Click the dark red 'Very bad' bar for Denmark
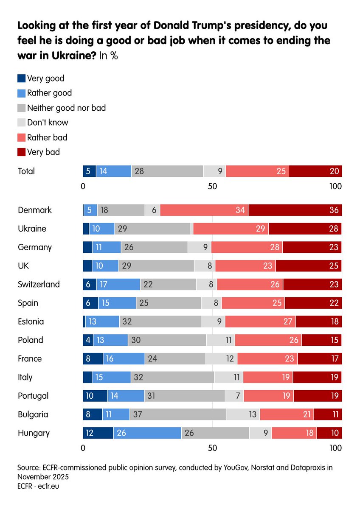295,210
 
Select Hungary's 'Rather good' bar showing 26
147,433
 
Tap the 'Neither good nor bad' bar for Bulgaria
178,414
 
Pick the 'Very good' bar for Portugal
95,396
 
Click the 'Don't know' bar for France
222,359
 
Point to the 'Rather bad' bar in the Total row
257,171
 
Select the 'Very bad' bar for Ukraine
305,229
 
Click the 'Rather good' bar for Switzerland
118,284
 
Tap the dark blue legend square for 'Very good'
21,78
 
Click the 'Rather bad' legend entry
47,137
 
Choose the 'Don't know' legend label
48,123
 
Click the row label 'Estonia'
31,322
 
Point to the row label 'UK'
23,266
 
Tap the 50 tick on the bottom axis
212,448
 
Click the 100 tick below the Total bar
335,186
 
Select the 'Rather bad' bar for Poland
268,340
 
